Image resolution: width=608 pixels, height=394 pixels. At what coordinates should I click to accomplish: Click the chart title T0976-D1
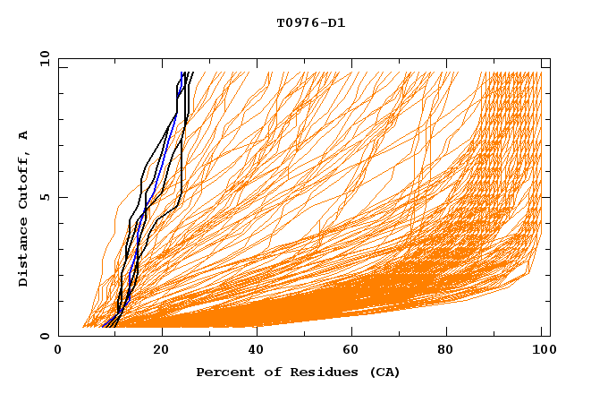click(310, 23)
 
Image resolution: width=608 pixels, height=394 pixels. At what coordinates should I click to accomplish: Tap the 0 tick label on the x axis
click(58, 352)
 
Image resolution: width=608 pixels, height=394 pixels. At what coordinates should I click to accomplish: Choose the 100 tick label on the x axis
click(542, 352)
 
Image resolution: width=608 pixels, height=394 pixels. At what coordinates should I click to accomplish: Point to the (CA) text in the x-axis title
click(383, 373)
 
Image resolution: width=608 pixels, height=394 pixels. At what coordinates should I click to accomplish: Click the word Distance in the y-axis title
click(24, 255)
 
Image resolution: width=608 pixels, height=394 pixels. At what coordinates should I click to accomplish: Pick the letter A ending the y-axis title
click(24, 134)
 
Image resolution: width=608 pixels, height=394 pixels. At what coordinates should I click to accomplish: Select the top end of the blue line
click(182, 73)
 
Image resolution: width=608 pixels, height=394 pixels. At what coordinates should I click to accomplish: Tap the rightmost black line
click(182, 161)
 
